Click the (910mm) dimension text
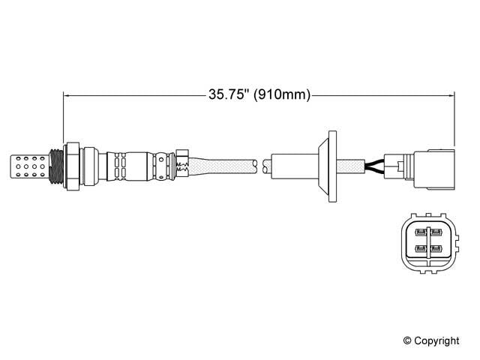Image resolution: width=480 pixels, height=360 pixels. (x=283, y=95)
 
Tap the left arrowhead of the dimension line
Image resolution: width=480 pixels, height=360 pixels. (x=67, y=95)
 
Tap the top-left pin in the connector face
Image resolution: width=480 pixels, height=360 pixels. (x=421, y=232)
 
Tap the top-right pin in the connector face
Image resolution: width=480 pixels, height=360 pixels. (x=437, y=232)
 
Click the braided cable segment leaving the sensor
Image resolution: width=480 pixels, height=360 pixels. (x=221, y=163)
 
